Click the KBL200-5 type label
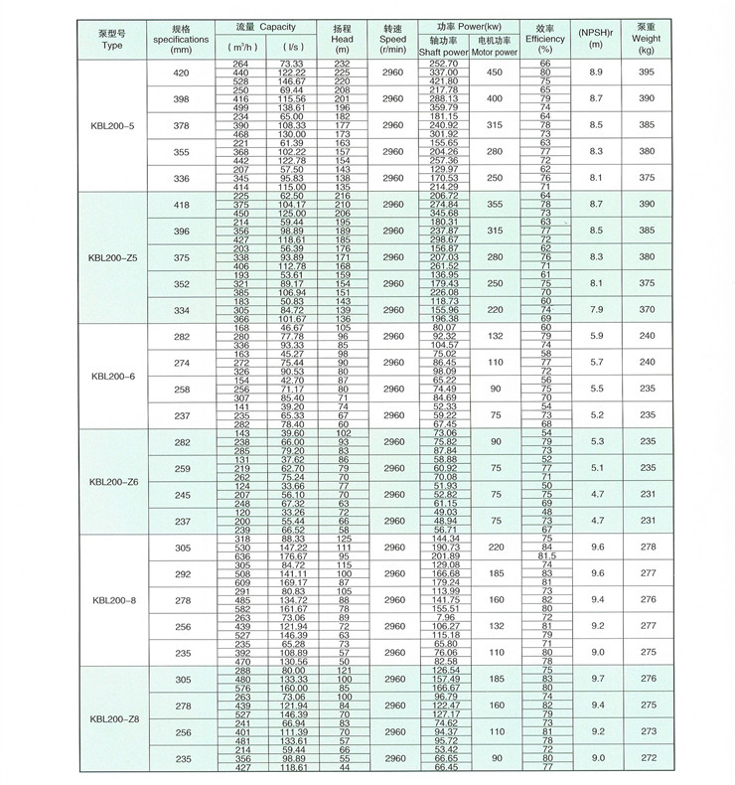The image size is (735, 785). [x=108, y=126]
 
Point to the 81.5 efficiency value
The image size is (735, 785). [x=544, y=556]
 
